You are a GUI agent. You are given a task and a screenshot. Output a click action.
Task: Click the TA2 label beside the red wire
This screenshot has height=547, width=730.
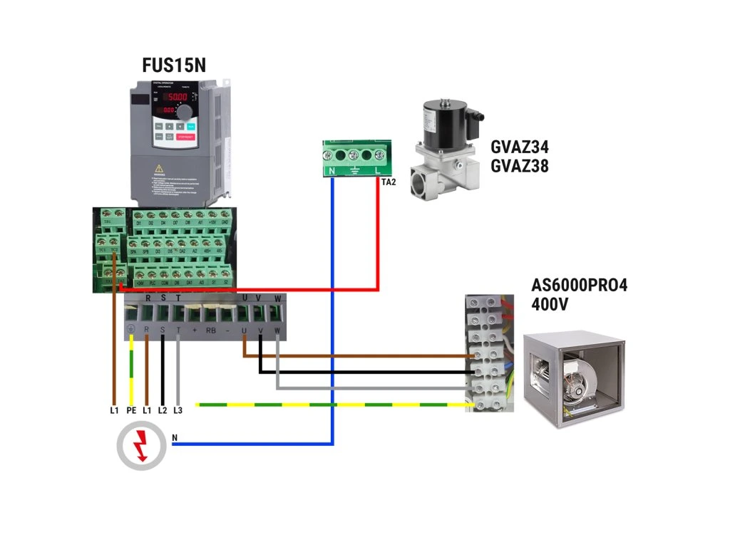[389, 182]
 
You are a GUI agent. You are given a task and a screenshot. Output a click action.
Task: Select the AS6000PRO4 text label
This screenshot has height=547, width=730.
[580, 286]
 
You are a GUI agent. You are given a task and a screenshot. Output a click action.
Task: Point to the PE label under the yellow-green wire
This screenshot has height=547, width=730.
[131, 411]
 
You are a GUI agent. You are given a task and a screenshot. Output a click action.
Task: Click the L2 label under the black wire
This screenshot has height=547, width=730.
[163, 411]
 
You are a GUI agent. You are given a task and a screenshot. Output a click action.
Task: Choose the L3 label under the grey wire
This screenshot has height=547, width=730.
[178, 411]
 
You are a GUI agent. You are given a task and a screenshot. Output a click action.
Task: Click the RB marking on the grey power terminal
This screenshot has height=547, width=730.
[211, 330]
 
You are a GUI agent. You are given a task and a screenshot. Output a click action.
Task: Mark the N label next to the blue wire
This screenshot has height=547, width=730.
[175, 437]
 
